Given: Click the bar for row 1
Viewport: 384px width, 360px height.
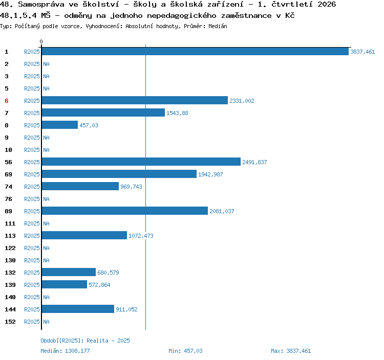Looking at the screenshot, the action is click(x=195, y=51).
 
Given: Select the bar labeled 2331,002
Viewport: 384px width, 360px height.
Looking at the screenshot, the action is click(x=135, y=101).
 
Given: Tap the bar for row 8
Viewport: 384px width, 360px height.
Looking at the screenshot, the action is click(x=60, y=125).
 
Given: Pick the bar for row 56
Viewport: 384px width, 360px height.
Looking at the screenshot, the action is click(x=141, y=162).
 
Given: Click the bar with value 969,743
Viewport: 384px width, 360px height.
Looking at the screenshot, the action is click(x=80, y=186).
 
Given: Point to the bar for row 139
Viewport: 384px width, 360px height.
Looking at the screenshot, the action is click(x=65, y=284).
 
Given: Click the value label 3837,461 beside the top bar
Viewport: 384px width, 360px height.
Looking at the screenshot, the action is click(x=362, y=52).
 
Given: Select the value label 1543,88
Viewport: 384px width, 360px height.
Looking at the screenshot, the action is click(x=177, y=113).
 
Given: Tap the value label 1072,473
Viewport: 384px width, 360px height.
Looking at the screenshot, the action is click(x=141, y=236).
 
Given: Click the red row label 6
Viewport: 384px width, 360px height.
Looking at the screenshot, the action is click(x=7, y=101).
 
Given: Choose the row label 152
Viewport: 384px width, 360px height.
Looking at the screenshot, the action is click(x=10, y=322).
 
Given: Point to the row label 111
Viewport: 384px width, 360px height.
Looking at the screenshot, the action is click(x=10, y=223).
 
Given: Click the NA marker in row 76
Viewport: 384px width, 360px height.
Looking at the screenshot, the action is click(x=46, y=199).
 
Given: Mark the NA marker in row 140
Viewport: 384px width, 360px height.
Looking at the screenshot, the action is click(x=46, y=297).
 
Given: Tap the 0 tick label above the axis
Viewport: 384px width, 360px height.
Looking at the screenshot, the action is click(x=41, y=41).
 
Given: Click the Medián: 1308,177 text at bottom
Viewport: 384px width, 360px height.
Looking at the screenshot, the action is click(x=65, y=351).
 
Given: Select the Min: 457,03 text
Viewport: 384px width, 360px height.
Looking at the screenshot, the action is click(x=185, y=351).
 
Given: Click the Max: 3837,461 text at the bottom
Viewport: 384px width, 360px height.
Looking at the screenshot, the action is click(x=291, y=351).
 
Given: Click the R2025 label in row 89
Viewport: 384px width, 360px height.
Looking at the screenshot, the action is click(x=32, y=211).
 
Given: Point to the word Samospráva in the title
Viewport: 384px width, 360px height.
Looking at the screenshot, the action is click(x=41, y=5).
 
